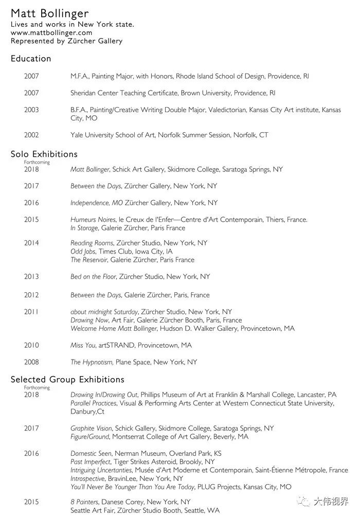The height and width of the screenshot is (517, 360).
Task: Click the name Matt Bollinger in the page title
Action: [x=49, y=14]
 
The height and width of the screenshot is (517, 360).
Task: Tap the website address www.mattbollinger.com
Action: [x=51, y=32]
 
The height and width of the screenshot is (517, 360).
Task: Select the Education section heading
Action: [x=31, y=59]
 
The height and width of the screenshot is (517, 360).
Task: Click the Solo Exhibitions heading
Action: [x=44, y=154]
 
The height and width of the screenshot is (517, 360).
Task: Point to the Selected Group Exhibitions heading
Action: [x=67, y=380]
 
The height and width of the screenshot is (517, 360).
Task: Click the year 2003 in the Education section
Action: [x=31, y=110]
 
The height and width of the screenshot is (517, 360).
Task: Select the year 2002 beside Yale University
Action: [x=31, y=135]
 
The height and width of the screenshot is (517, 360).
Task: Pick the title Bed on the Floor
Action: [x=94, y=277]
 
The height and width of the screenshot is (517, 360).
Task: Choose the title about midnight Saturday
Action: [x=104, y=312]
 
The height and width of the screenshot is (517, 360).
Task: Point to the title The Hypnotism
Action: [x=92, y=362]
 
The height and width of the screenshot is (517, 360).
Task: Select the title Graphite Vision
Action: [x=91, y=428]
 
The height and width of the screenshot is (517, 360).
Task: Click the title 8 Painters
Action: [x=84, y=502]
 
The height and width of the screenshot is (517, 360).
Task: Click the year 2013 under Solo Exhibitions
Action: [x=31, y=277]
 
